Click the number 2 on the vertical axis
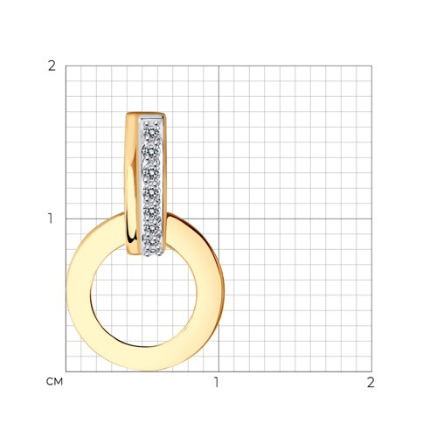click(52, 66)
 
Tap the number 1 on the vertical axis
click(51, 218)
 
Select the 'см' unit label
click(54, 382)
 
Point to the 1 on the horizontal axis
click(216, 382)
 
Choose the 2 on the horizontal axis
click(371, 382)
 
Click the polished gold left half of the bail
click(133, 184)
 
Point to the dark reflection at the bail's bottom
click(134, 237)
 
